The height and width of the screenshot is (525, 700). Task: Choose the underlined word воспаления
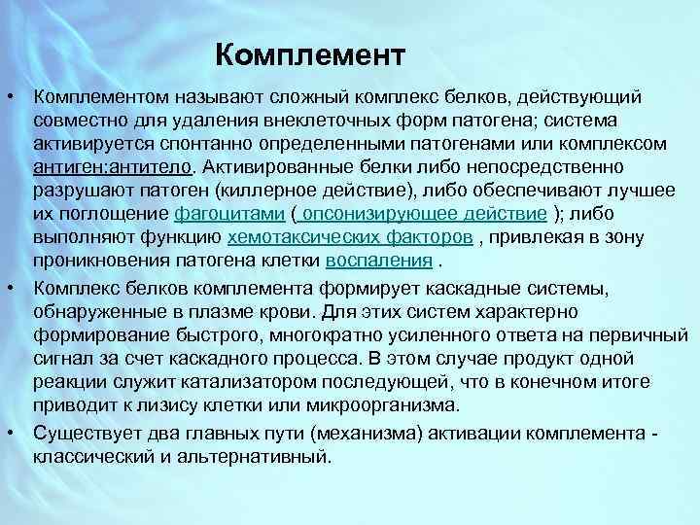pos(378,260)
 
